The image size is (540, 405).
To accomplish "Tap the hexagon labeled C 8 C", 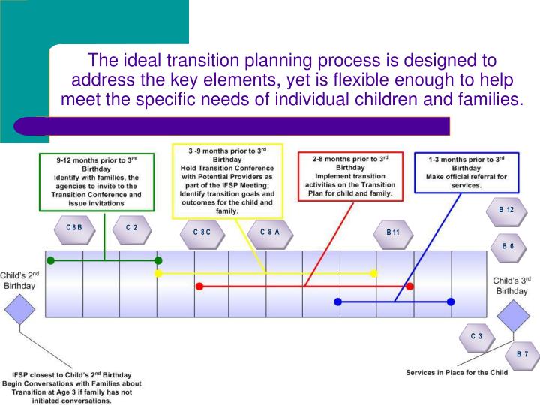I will tap(202, 232).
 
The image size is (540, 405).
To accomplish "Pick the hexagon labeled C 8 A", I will tap(269, 232).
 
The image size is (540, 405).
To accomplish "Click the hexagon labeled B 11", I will tap(393, 232).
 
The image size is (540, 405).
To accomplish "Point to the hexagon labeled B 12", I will tap(506, 210).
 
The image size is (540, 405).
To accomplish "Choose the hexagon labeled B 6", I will tap(507, 246).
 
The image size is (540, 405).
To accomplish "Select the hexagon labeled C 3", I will tap(476, 336).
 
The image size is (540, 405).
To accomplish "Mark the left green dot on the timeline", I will tap(50, 260).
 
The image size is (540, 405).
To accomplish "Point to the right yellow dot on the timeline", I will tap(373, 273).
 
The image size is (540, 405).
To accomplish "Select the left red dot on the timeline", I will tap(199, 286).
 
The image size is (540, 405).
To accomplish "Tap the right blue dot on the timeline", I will tap(451, 301).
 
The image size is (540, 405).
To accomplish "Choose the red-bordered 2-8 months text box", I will tap(351, 177).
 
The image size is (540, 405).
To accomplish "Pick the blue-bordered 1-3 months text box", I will tap(466, 172).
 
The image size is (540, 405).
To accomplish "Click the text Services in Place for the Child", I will tap(456, 372).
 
